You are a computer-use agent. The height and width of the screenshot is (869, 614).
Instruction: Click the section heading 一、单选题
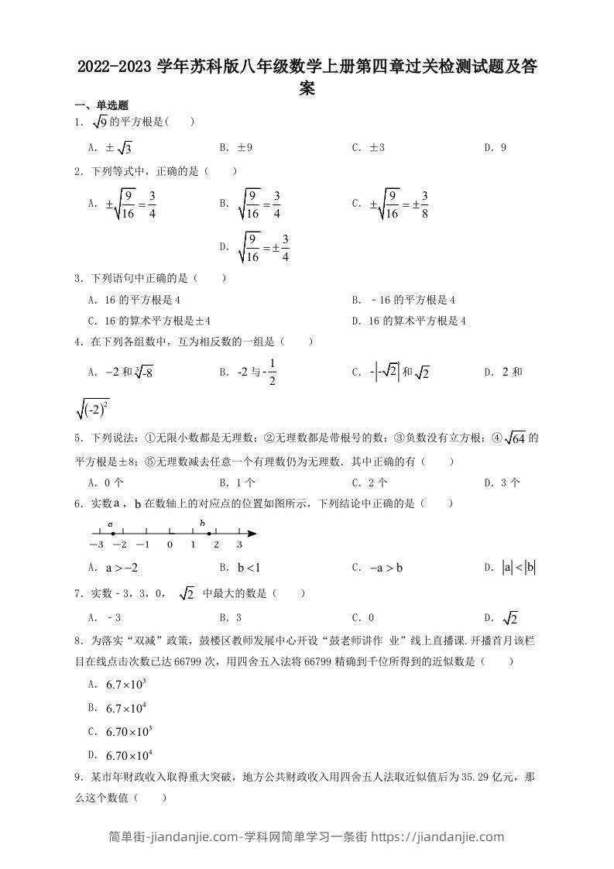coord(100,106)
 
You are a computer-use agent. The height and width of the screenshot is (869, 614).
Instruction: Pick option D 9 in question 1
coord(496,147)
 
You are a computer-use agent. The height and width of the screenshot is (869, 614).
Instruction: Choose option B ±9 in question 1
coord(237,147)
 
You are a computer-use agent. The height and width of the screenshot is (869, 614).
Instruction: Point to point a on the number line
coord(111,533)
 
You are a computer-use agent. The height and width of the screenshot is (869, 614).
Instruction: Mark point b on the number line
coord(208,533)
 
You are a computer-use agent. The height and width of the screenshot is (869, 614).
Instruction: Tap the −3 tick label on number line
coord(96,545)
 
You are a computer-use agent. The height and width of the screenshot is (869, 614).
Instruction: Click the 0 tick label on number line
coord(170,545)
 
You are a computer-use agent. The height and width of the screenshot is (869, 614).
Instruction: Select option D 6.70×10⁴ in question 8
coord(129,755)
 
